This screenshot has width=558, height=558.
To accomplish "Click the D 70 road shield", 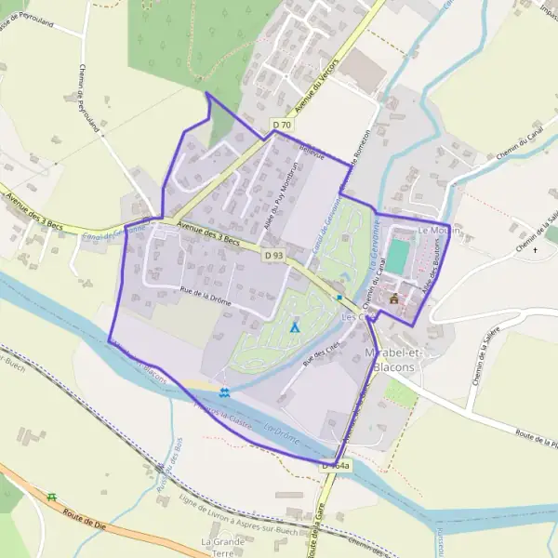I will pyautogui.click(x=283, y=124).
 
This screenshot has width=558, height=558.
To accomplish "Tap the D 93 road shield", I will pyautogui.click(x=272, y=255).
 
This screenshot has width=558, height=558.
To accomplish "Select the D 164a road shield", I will pyautogui.click(x=336, y=464).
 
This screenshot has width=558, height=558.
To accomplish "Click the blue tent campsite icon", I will pyautogui.click(x=295, y=326).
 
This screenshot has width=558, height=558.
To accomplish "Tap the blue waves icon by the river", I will pyautogui.click(x=225, y=392).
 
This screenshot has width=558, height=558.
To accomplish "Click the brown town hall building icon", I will pyautogui.click(x=394, y=299).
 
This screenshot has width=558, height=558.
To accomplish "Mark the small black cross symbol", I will pyautogui.click(x=535, y=249).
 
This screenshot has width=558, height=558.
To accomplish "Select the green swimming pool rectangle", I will pyautogui.click(x=397, y=257).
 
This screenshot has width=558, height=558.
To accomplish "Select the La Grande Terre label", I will pyautogui.click(x=222, y=546).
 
